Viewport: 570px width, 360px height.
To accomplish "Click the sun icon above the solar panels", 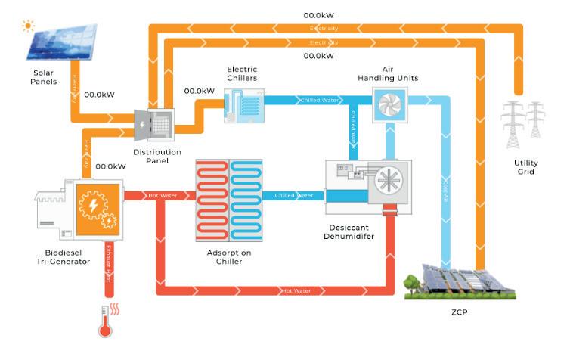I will pyautogui.click(x=29, y=26).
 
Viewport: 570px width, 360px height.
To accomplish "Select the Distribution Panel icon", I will pyautogui.click(x=154, y=124).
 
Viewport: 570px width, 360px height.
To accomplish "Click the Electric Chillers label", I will pyautogui.click(x=242, y=73).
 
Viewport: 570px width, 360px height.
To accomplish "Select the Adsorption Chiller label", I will pyautogui.click(x=229, y=256).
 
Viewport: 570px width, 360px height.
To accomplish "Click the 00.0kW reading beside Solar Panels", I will pyautogui.click(x=99, y=95).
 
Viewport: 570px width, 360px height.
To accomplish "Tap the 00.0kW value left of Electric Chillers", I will pyautogui.click(x=199, y=91).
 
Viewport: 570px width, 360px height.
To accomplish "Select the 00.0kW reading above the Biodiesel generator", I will pyautogui.click(x=110, y=166).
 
